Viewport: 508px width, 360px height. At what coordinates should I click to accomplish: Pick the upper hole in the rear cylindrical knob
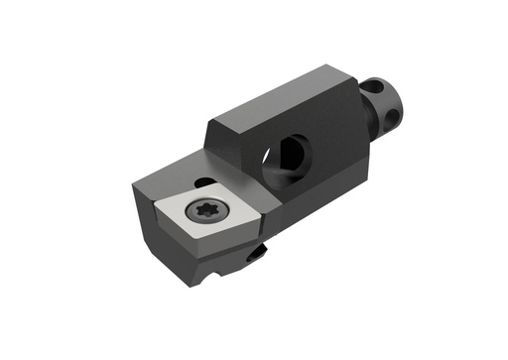tap(373, 87)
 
